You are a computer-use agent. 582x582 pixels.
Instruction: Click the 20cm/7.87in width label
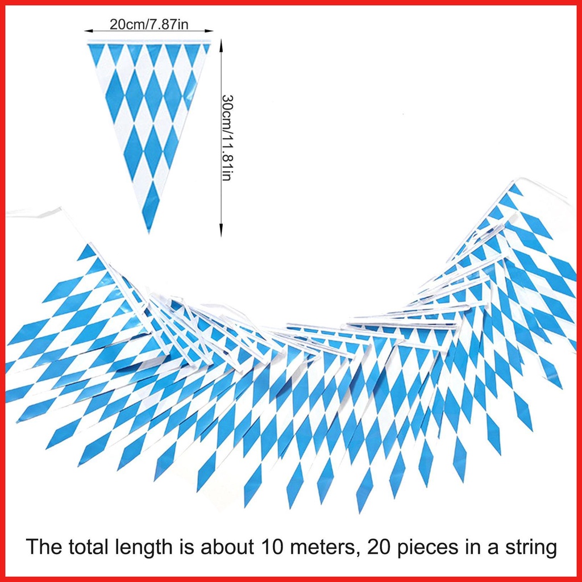tap(148, 24)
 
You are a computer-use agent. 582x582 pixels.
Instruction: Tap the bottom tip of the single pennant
tap(149, 231)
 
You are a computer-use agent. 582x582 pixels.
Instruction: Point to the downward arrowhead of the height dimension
tap(221, 232)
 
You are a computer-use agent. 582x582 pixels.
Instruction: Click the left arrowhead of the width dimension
tap(88, 31)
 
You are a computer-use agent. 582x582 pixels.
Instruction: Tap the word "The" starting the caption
tap(41, 548)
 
